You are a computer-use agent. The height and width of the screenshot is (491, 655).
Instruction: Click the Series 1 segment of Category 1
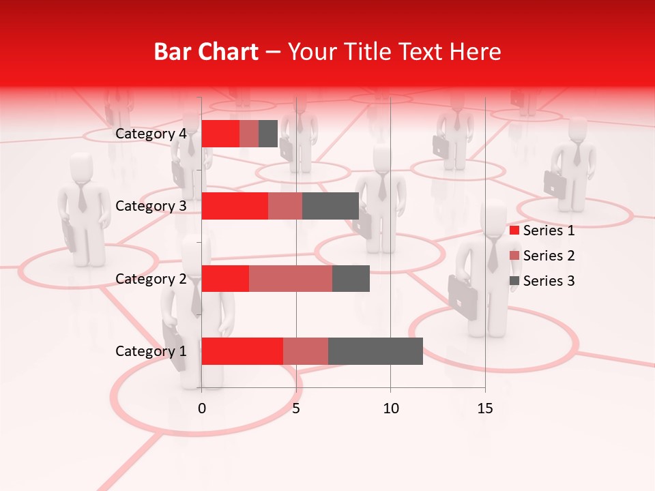click(242, 351)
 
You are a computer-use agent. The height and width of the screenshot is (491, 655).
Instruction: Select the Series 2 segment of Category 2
click(291, 278)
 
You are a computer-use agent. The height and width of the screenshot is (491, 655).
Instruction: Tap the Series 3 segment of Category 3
click(330, 206)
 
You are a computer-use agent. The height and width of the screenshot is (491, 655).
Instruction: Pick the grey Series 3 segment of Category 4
click(268, 134)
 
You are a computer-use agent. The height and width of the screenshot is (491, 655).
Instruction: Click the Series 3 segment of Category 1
click(375, 351)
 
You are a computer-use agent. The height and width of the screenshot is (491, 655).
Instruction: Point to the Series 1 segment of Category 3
click(235, 206)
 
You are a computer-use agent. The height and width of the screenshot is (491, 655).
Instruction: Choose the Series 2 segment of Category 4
click(249, 134)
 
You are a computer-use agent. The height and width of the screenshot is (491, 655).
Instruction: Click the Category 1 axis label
click(151, 351)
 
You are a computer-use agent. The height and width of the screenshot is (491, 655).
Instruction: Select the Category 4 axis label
click(151, 134)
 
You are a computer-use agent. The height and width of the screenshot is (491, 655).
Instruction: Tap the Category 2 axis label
click(151, 278)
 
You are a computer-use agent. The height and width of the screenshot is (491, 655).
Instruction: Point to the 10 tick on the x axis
click(390, 408)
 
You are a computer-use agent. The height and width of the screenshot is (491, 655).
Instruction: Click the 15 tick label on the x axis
click(485, 408)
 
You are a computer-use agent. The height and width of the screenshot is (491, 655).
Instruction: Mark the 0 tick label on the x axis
click(202, 408)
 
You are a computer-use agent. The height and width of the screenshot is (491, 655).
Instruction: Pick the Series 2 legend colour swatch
click(514, 256)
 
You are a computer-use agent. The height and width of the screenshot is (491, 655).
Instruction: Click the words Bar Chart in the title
click(206, 52)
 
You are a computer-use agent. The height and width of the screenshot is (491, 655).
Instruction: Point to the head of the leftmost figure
click(82, 167)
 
